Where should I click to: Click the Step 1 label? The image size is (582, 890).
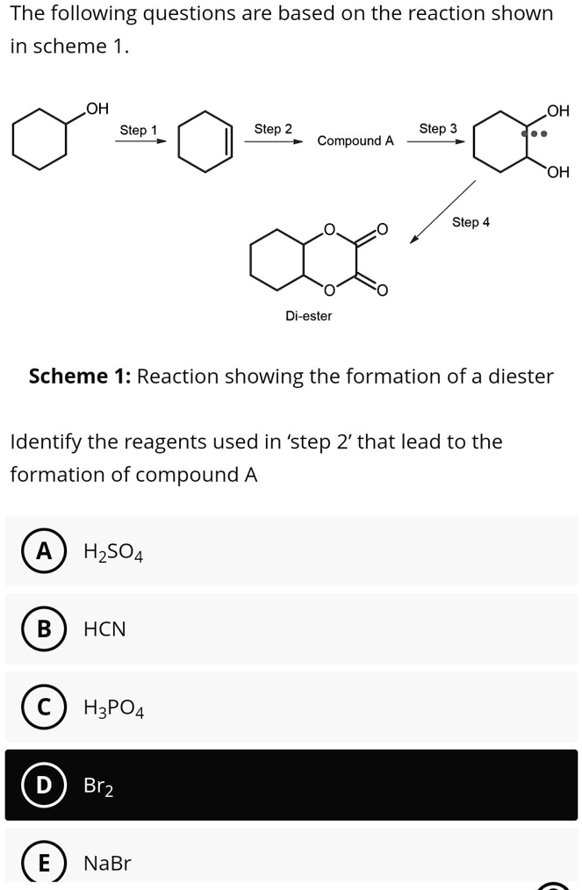[139, 130]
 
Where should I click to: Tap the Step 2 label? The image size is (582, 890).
[273, 129]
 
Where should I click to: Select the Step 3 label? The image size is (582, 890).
[438, 129]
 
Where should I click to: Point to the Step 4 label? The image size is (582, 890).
[471, 222]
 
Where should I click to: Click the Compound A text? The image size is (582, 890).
[356, 140]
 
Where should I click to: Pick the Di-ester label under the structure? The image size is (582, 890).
[308, 316]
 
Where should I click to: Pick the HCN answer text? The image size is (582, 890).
[104, 629]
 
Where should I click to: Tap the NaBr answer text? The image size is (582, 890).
[107, 864]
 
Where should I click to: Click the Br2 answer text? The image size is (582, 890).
[98, 786]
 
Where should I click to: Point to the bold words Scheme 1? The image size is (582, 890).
[80, 377]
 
